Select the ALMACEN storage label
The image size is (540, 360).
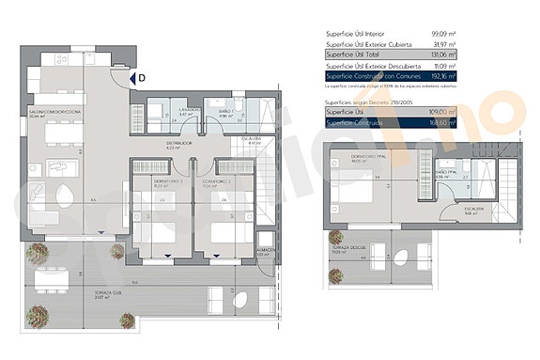(x=266, y=249)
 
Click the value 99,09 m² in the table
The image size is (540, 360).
(x=442, y=33)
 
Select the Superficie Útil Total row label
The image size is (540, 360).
(x=357, y=55)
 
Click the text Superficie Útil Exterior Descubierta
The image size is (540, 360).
(x=370, y=66)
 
